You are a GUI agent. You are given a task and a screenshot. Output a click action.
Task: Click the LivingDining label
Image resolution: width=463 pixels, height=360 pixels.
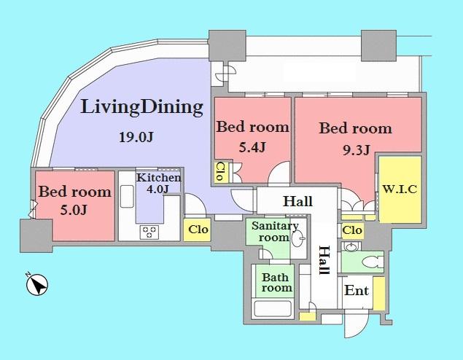[x=141, y=109]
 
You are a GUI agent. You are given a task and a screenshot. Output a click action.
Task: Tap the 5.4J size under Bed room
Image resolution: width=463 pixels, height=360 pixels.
[x=252, y=147]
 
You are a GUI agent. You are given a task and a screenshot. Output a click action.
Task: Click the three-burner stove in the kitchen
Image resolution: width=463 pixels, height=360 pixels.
[x=150, y=232]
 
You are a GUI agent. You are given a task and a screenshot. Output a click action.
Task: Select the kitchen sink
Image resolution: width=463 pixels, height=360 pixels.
[x=127, y=198]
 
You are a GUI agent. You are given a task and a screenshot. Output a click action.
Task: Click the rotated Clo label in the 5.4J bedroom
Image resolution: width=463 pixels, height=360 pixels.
[x=219, y=171]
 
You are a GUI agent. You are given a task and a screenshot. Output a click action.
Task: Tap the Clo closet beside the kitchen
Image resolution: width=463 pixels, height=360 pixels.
[x=198, y=230]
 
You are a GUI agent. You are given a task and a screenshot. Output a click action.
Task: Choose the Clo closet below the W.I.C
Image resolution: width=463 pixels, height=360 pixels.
[x=352, y=230]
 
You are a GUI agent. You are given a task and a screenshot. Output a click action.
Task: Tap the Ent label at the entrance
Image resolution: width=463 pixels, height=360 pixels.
[x=357, y=291]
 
